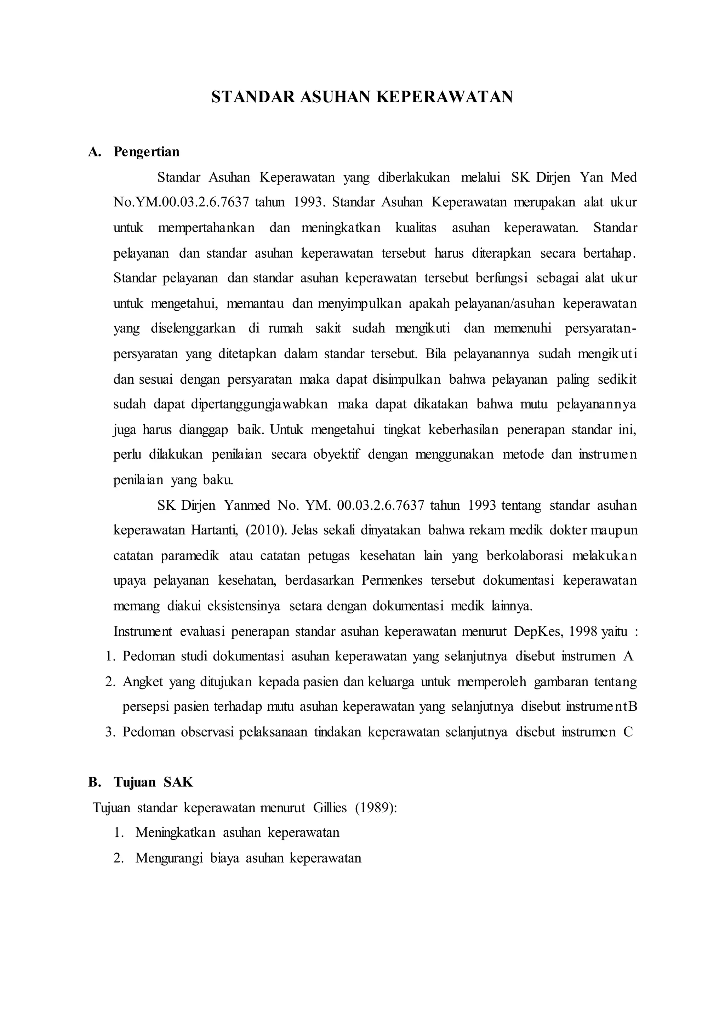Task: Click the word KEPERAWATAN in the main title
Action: tap(444, 97)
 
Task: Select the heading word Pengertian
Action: tap(147, 152)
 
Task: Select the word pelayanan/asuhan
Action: tap(504, 304)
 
